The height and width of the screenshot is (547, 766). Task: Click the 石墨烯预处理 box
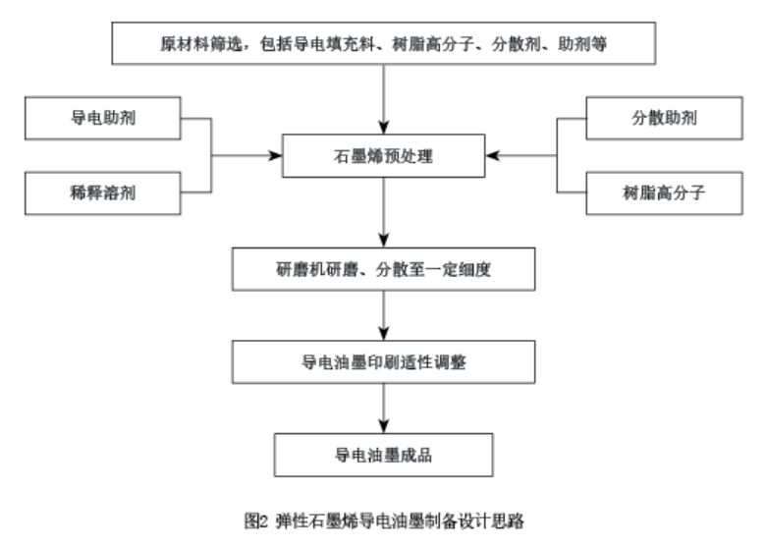coord(382,155)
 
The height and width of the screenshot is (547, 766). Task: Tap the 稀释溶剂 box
coord(102,191)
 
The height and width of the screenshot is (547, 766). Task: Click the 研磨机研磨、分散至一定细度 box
coord(382,269)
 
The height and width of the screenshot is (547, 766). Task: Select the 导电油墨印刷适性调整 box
coord(382,362)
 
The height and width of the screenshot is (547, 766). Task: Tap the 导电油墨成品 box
coord(382,455)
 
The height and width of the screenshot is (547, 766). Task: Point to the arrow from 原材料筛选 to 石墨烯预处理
coord(382,98)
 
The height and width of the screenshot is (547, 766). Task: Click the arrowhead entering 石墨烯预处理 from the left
coord(274,155)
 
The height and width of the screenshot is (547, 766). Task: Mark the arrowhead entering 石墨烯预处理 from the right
coord(491,155)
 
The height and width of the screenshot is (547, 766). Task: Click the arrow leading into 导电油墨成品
coord(382,409)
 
